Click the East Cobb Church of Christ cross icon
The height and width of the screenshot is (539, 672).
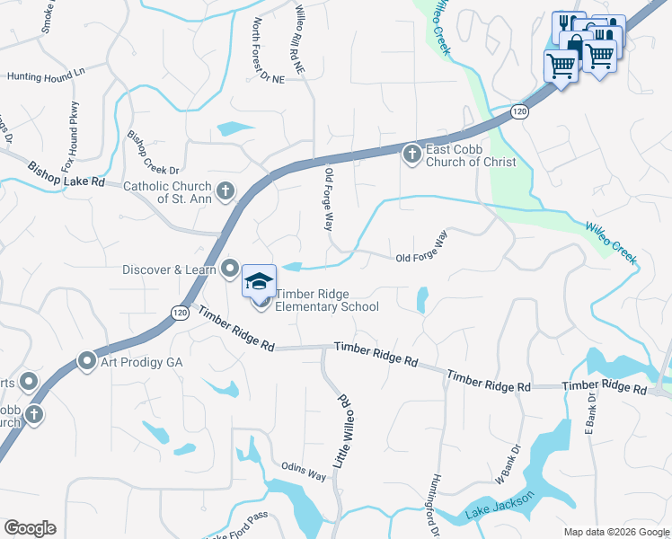(x=411, y=155)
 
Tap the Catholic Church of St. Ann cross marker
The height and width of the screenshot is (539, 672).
(x=225, y=190)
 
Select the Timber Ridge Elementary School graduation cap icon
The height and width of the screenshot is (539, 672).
(x=259, y=282)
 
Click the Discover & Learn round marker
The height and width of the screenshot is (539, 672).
(x=230, y=269)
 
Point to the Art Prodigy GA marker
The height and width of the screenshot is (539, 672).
(x=87, y=361)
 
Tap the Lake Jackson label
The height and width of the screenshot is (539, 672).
(x=501, y=507)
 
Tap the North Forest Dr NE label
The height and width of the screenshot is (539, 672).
(x=267, y=49)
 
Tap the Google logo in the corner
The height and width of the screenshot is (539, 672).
(x=30, y=528)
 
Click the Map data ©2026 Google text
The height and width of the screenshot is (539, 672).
(x=616, y=532)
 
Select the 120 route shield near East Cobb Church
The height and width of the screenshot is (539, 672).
(x=519, y=110)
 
